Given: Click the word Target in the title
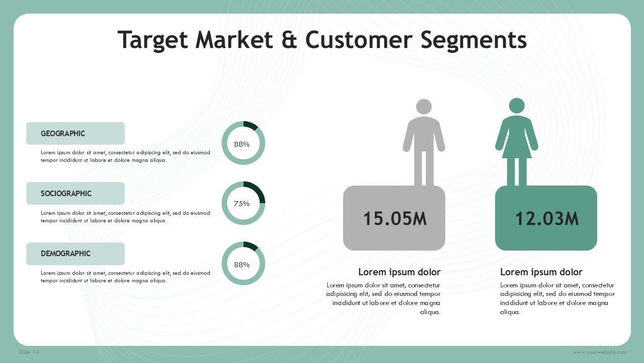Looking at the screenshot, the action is pos(152,40).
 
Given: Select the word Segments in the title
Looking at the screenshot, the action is pos(473,40).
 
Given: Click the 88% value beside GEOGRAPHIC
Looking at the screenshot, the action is pos(242,144).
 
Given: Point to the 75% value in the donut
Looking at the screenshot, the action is pos(242,204).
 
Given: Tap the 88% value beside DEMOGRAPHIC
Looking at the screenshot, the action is pos(242,265).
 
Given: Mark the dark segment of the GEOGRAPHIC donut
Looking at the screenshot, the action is pos(251,125).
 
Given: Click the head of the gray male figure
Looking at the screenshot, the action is pos(424,106).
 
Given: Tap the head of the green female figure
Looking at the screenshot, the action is pos(517,106).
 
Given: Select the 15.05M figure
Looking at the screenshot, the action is pos(395,219).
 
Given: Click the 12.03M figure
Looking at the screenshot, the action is pos(546,219).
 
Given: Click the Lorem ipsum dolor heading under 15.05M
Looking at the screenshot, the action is pos(399,272).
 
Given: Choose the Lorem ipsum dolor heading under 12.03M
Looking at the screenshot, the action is pos(541,272).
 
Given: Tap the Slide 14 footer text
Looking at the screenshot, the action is pos(29,352).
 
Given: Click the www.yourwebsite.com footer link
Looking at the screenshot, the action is pos(599,352).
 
